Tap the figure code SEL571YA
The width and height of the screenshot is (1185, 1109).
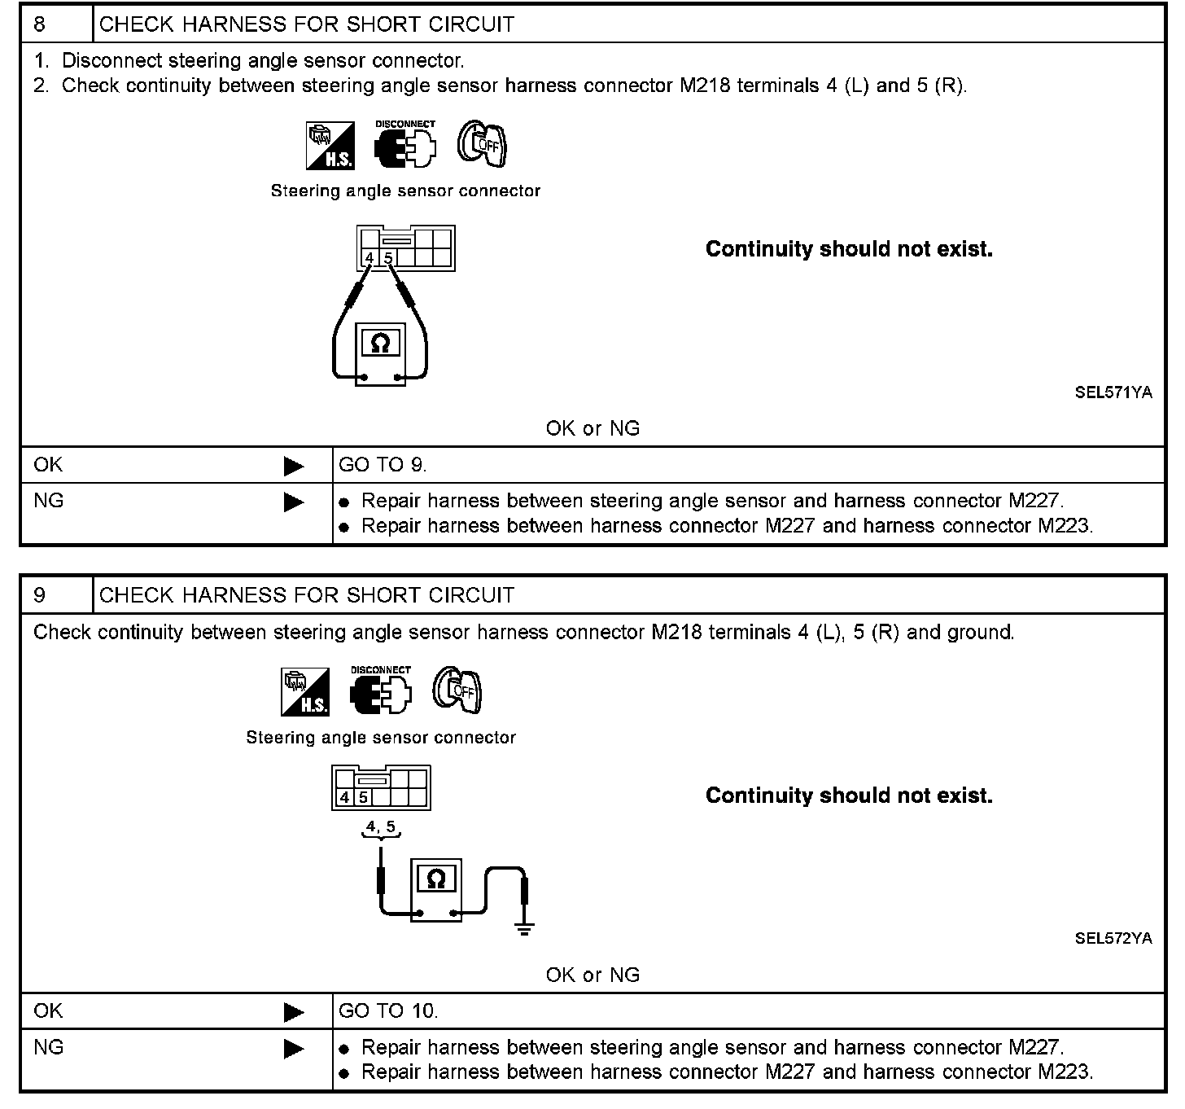1113,392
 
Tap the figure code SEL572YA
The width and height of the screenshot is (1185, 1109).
1113,938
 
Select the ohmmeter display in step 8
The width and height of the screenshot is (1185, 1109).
379,343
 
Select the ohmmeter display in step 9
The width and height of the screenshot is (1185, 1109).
436,879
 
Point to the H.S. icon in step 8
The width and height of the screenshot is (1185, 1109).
330,147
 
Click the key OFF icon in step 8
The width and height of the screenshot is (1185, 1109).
482,145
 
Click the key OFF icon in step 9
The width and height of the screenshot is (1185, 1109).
457,690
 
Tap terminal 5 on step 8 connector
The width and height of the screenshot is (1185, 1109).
389,258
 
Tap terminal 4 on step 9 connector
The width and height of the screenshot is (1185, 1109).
345,798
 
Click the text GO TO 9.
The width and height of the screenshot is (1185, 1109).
382,465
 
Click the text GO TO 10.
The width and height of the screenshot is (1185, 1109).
387,1011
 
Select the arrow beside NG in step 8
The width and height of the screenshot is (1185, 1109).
293,502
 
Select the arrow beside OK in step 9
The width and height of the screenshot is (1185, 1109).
293,1012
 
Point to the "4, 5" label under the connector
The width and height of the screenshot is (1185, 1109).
381,827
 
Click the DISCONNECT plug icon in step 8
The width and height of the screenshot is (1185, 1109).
404,145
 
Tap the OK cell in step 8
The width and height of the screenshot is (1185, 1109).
49,465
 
